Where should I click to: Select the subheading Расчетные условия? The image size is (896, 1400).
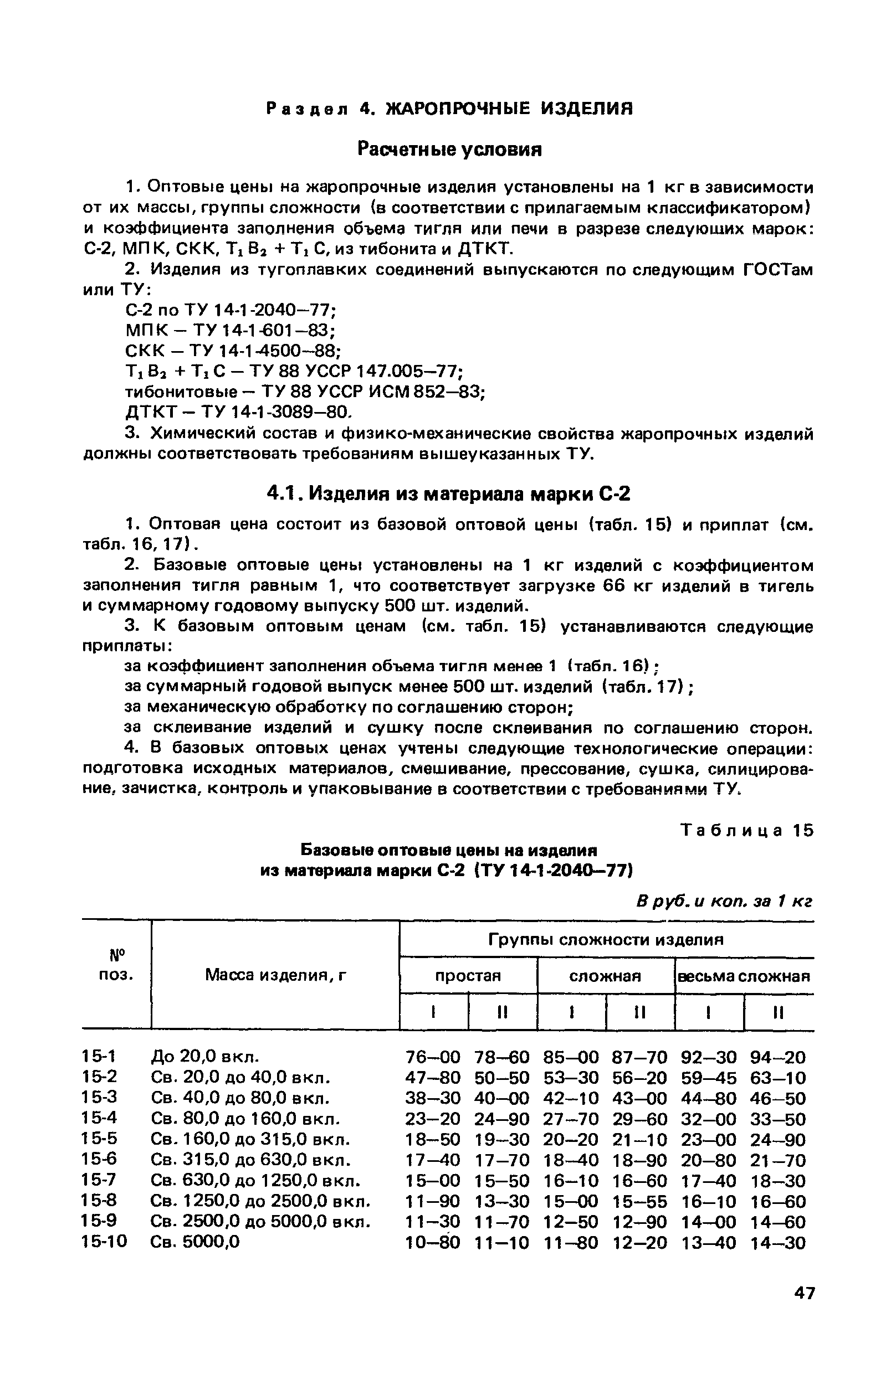(449, 150)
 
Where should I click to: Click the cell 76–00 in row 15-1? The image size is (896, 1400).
(432, 1058)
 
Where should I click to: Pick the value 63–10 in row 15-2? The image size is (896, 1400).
(778, 1078)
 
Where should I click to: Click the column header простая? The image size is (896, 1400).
(468, 976)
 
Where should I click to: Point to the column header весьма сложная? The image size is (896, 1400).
(744, 976)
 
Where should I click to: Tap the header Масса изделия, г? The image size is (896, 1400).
(275, 975)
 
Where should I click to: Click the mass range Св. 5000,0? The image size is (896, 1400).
(195, 1242)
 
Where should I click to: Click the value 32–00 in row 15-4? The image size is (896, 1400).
(709, 1120)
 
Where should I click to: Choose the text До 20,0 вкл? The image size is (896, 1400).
(204, 1057)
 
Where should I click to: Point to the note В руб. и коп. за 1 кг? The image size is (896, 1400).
(724, 901)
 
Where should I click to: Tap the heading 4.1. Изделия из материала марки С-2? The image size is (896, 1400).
(448, 493)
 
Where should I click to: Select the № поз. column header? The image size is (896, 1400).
(116, 965)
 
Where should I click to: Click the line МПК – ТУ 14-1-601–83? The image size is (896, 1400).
(231, 331)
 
